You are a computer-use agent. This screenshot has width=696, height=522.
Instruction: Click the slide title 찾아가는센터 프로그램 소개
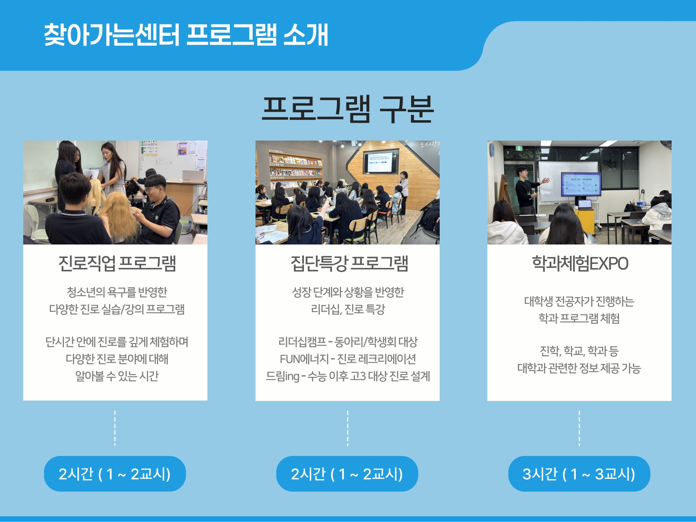pyautogui.click(x=186, y=34)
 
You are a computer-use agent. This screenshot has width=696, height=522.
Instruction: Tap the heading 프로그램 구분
pyautogui.click(x=348, y=109)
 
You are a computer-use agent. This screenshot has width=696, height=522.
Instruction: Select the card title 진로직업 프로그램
pyautogui.click(x=117, y=263)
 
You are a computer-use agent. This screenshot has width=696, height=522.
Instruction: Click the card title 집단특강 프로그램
pyautogui.click(x=349, y=263)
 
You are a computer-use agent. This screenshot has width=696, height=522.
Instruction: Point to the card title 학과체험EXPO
pyautogui.click(x=580, y=263)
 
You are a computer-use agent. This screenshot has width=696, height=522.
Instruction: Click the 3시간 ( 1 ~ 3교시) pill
pyautogui.click(x=579, y=474)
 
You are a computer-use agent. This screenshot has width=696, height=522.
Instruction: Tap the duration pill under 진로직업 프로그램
pyautogui.click(x=115, y=474)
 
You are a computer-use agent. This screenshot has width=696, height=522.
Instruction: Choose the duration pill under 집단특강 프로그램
pyautogui.click(x=347, y=474)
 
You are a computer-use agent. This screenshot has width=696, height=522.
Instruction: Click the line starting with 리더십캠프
pyautogui.click(x=348, y=342)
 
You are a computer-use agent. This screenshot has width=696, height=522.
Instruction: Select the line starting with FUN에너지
pyautogui.click(x=348, y=359)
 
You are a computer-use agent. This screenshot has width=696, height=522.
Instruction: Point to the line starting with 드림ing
pyautogui.click(x=348, y=376)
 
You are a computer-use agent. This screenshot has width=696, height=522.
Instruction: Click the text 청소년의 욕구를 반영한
pyautogui.click(x=117, y=292)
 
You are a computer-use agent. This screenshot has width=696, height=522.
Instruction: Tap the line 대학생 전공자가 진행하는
pyautogui.click(x=579, y=301)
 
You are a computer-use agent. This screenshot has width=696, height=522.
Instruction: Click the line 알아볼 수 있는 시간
pyautogui.click(x=117, y=376)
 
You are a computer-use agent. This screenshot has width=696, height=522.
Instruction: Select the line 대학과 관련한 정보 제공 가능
pyautogui.click(x=579, y=368)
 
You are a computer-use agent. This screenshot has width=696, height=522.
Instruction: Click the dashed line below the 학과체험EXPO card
pyautogui.click(x=579, y=428)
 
